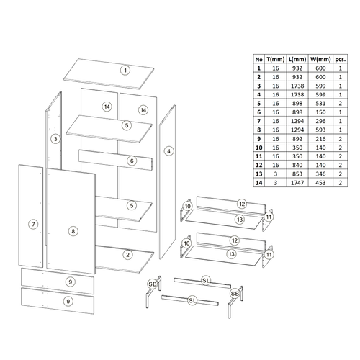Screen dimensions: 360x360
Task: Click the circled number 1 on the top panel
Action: pos(125,70)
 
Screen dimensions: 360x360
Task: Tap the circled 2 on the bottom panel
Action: pos(127,254)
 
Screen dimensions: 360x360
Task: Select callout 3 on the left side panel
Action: pos(55,138)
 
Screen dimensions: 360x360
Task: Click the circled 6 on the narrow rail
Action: pos(132,161)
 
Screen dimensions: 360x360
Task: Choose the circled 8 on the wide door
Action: pos(73,230)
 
